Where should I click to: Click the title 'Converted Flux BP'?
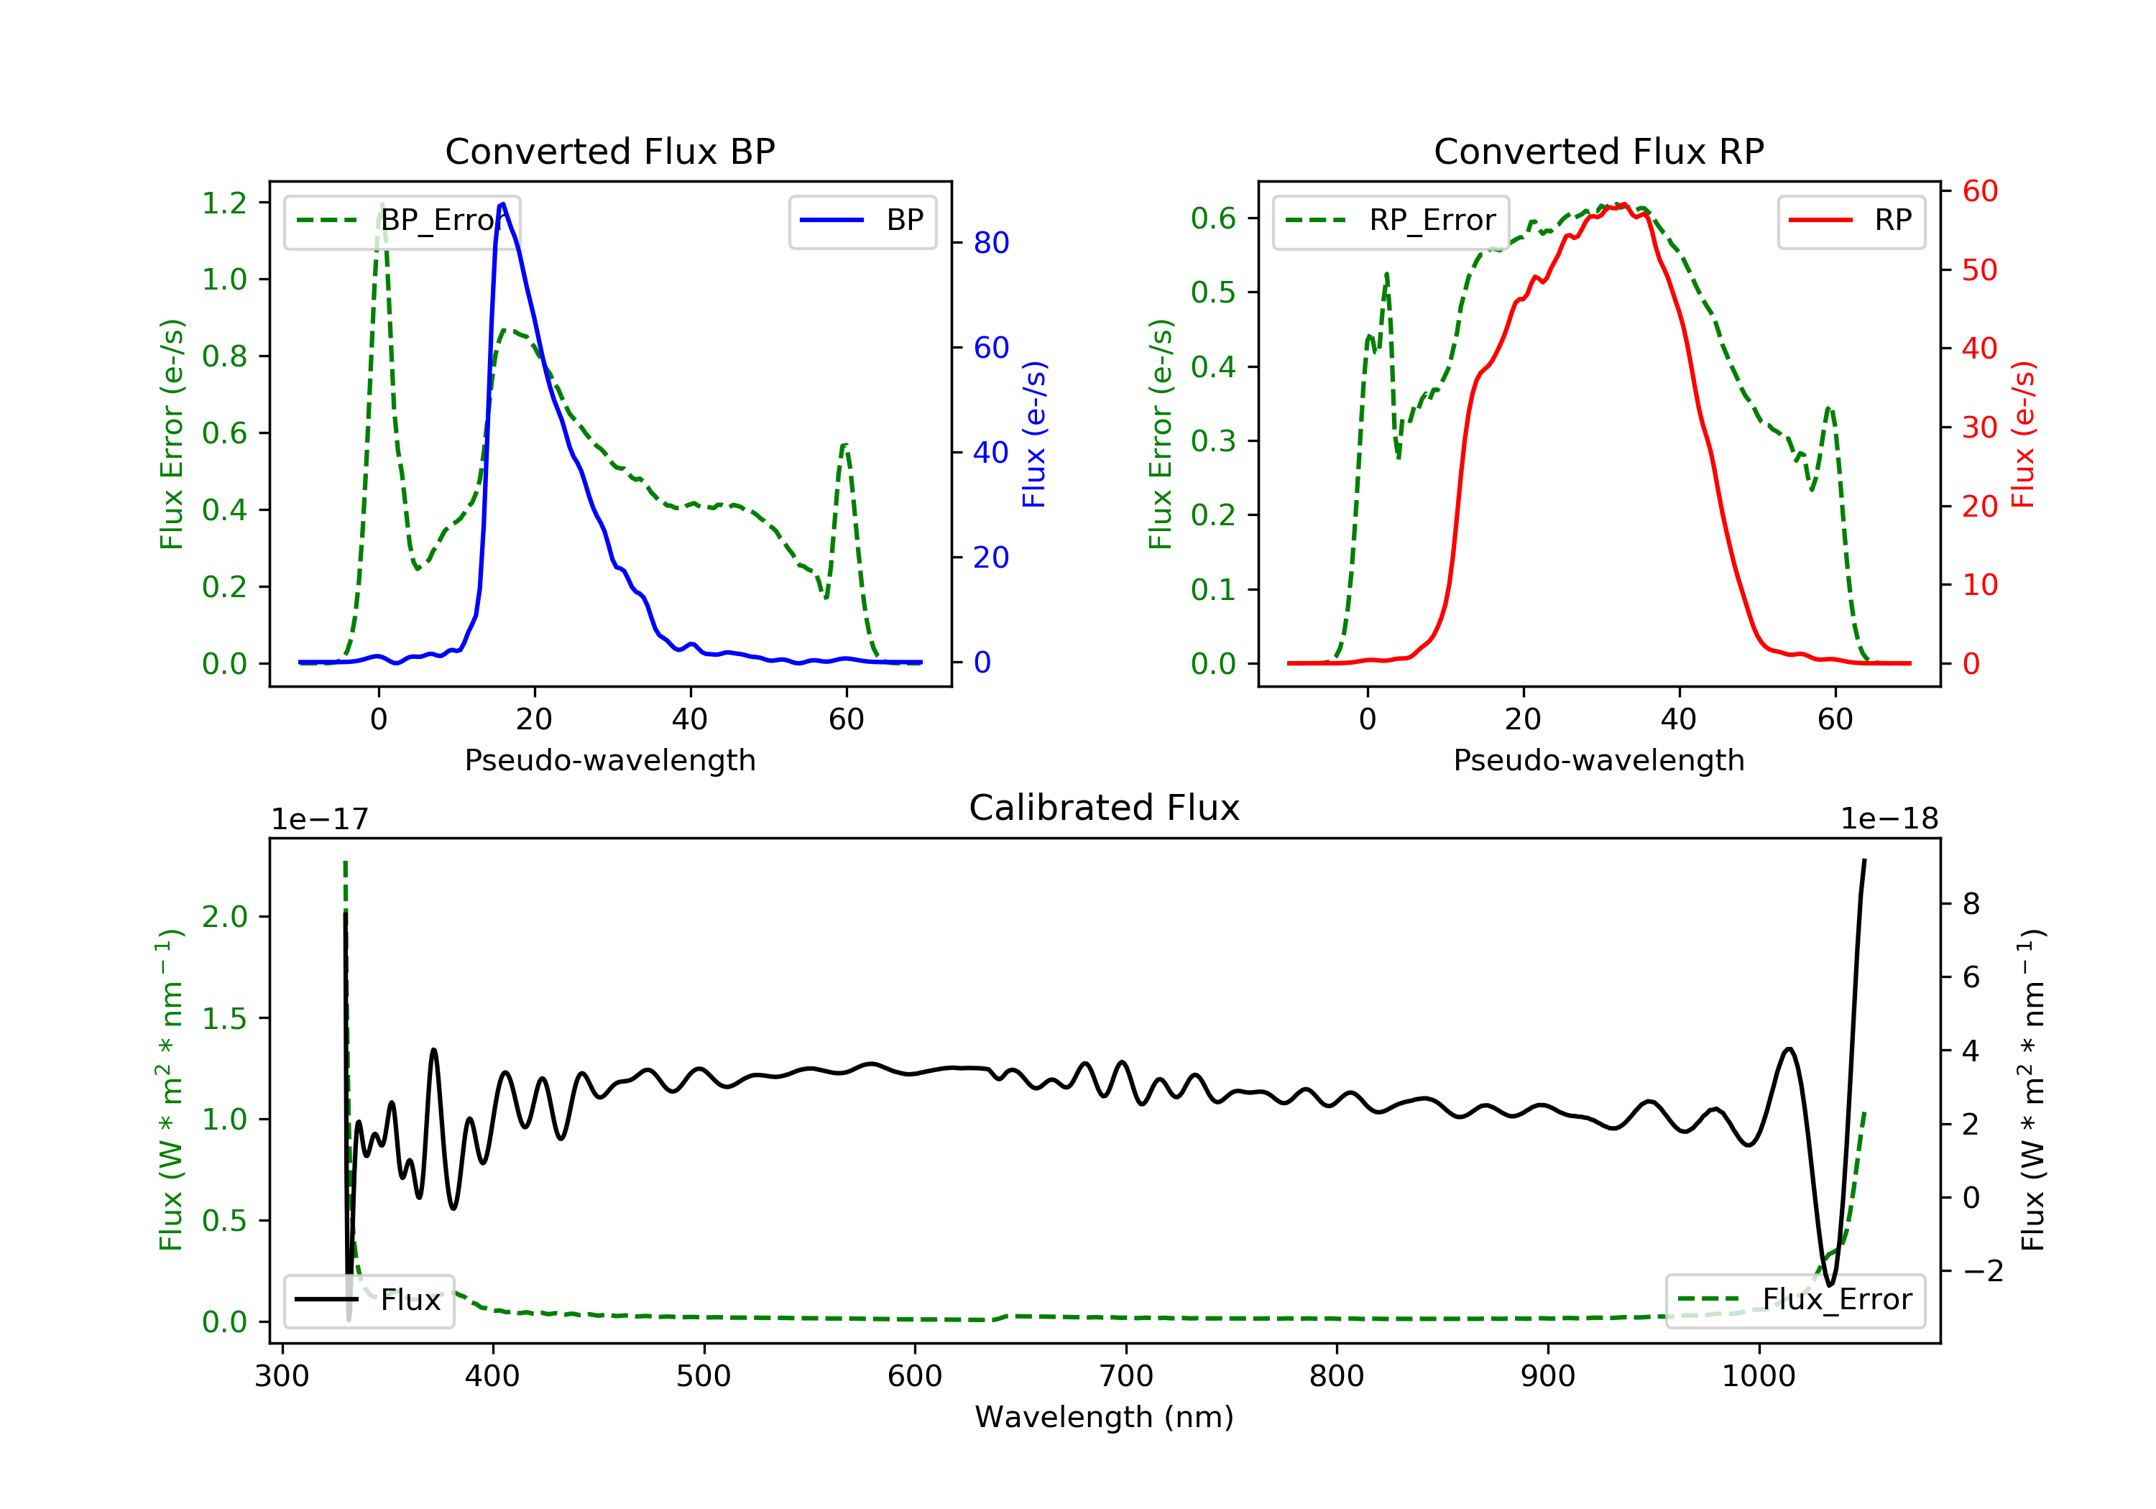pos(609,151)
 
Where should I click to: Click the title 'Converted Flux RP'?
pos(1598,151)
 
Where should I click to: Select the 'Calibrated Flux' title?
pos(1105,808)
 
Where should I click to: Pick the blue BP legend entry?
pos(862,221)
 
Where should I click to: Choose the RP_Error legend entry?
pos(1391,221)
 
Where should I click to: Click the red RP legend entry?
pos(1851,221)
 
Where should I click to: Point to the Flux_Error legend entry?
pos(1795,1300)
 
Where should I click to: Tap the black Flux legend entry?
pos(368,1300)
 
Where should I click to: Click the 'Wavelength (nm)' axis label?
pos(1105,1417)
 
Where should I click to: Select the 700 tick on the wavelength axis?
pos(1126,1377)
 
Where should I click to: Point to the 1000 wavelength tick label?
pos(1759,1377)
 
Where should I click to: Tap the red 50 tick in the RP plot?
pos(1979,270)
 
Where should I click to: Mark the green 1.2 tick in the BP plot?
pos(224,203)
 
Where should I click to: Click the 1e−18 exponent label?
pos(1889,820)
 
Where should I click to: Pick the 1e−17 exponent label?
pos(321,820)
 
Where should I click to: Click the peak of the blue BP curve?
pos(503,204)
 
